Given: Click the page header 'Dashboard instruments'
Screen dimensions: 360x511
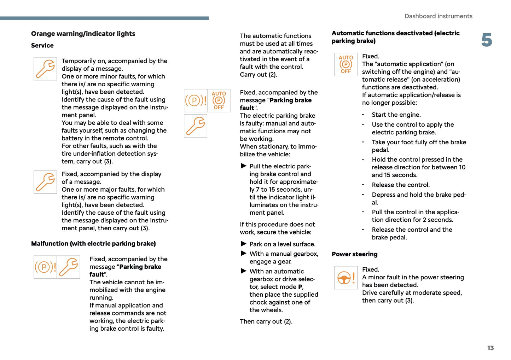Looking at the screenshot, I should click(438, 16).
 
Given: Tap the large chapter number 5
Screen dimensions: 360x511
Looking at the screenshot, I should click(487, 40).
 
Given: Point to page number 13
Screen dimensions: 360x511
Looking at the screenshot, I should click(490, 348).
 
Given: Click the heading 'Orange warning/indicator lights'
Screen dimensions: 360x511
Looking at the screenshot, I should click(83, 34).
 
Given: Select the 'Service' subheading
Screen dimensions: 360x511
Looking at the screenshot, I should click(42, 46).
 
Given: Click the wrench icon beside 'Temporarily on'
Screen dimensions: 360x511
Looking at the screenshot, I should click(45, 69).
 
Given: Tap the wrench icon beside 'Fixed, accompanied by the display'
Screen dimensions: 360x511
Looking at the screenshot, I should click(45, 182).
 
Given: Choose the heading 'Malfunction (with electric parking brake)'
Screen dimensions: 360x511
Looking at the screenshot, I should click(93, 244).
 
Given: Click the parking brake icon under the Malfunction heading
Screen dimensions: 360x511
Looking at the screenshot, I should click(45, 267).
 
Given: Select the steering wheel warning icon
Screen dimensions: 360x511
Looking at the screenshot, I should click(345, 278).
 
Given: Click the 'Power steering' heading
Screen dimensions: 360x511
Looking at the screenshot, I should click(354, 254).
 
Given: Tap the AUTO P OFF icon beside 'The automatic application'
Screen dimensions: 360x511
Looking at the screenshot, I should click(345, 64).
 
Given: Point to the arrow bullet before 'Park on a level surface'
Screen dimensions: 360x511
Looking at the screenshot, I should click(243, 244).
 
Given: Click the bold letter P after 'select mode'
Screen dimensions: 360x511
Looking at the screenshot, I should click(300, 287).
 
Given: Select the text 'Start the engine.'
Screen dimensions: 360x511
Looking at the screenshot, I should click(396, 115).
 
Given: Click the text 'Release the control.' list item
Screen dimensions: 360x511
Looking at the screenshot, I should click(401, 185).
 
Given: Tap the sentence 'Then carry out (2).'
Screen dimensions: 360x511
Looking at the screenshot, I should click(266, 321).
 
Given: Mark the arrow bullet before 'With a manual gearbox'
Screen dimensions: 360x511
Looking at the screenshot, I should click(243, 254).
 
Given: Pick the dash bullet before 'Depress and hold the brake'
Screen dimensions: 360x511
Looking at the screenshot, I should click(363, 195).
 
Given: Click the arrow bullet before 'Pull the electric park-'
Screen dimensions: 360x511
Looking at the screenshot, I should click(243, 166).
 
